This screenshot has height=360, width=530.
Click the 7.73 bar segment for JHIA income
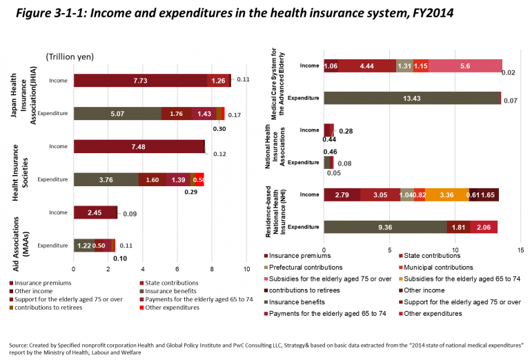click(140, 81)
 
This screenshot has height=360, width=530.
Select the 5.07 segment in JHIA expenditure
click(117, 114)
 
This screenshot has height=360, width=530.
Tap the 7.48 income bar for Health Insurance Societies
click(139, 146)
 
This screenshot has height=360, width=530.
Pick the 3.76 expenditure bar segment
click(106, 179)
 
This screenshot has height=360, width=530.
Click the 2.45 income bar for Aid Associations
click(95, 212)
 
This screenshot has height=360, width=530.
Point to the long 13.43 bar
click(412, 98)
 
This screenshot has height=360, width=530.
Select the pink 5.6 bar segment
click(464, 66)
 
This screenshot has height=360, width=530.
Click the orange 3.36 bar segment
click(446, 195)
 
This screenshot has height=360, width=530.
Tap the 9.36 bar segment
click(385, 227)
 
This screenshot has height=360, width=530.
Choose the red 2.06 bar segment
click(484, 227)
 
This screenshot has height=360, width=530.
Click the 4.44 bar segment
click(366, 66)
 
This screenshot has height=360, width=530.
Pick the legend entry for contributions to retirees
click(46, 307)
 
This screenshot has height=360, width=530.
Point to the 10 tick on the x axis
click(246, 268)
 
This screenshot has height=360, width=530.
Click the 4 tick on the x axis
click(143, 268)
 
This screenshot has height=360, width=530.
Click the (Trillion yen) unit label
click(70, 57)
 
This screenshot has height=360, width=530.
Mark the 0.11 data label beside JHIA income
click(243, 79)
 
